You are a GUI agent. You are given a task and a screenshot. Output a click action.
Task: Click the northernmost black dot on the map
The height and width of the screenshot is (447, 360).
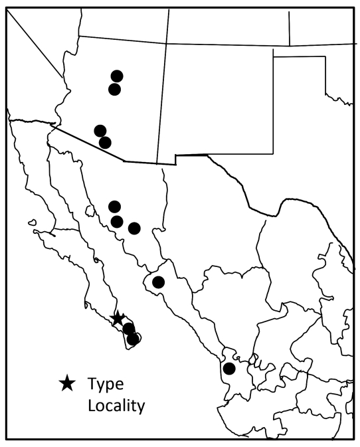coord(117,76)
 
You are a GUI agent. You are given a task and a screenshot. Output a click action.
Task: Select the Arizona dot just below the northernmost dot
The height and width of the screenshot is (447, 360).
coord(114,89)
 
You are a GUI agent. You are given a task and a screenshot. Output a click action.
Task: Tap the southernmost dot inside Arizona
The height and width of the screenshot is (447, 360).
coord(105,142)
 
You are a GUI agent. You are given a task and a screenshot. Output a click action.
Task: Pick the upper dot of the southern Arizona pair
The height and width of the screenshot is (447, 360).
coord(100,130)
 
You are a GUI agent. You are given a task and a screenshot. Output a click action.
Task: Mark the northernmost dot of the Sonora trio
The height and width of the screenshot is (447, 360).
coord(114,207)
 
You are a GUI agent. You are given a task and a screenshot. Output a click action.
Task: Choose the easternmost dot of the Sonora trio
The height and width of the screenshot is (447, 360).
coord(134,228)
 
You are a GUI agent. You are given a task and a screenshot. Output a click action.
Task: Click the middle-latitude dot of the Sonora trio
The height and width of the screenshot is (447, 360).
coord(117,221)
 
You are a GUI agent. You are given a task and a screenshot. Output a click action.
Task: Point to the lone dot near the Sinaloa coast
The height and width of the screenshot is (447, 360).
coord(158,282)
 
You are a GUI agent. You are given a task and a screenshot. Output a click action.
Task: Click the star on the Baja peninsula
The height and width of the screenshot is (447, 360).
coord(118,319)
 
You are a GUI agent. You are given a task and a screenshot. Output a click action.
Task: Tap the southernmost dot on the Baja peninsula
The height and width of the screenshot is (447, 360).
coord(133,339)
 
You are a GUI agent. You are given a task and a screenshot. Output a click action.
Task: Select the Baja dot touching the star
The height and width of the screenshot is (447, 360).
coord(128,328)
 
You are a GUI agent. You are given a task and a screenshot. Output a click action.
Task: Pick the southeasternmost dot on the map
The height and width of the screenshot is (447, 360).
coord(229,369)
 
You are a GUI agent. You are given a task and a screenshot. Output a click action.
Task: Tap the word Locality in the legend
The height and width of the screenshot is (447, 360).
coord(116,405)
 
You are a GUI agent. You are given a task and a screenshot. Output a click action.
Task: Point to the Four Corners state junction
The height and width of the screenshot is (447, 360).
coord(166,44)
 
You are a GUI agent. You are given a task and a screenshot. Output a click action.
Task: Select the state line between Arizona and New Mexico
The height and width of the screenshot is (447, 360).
coord(162,100)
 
